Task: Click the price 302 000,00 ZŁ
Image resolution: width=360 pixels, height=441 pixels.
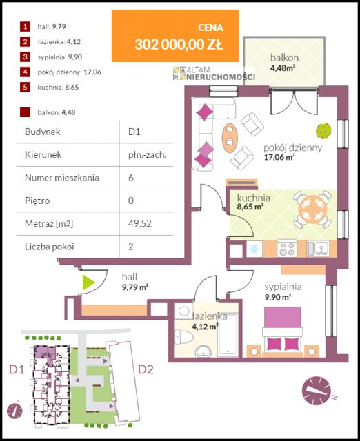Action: (x=179, y=44)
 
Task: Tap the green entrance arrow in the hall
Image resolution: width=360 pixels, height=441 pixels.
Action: (x=88, y=283)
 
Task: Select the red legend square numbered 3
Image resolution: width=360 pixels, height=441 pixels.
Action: (x=25, y=57)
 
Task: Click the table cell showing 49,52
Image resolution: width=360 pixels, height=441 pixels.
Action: (x=140, y=223)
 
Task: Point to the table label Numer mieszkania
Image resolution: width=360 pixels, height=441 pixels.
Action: (x=62, y=178)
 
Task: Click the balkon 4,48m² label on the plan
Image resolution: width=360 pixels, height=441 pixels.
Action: (x=284, y=62)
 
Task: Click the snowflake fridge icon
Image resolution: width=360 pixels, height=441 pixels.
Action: (x=254, y=249)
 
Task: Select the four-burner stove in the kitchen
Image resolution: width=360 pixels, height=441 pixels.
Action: (x=287, y=248)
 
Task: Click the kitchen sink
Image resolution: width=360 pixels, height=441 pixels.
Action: (x=318, y=248)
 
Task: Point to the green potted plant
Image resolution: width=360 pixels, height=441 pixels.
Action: (x=323, y=130)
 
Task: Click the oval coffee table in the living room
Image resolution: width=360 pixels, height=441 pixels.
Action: (x=230, y=138)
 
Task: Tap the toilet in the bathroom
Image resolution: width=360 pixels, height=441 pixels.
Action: (x=181, y=337)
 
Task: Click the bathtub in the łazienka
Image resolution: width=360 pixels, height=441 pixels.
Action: (x=228, y=336)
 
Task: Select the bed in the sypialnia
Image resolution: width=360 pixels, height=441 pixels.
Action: (x=282, y=332)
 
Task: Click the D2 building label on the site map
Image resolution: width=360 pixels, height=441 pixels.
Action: (x=146, y=369)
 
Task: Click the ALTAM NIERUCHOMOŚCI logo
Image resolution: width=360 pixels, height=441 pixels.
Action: (x=214, y=73)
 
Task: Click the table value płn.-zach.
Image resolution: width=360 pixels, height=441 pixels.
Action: (x=147, y=154)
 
